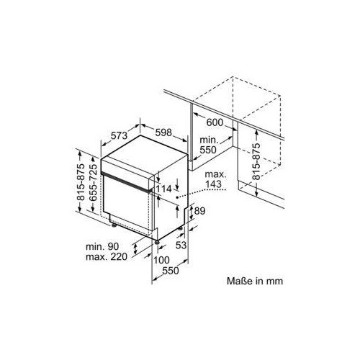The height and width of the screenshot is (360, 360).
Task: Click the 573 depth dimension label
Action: coord(119,136)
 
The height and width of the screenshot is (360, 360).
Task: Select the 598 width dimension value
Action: coord(163,132)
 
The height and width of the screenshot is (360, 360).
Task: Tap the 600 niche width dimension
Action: coord(215,122)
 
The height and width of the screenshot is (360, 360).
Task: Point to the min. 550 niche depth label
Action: coord(208,145)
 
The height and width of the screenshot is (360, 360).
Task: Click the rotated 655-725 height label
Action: coord(93,182)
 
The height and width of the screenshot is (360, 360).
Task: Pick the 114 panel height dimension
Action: coord(164,189)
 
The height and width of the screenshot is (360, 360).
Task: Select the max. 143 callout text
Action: coord(215,179)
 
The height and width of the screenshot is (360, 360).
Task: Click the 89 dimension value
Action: coord(199,211)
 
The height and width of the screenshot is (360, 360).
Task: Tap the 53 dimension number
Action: coord(181,245)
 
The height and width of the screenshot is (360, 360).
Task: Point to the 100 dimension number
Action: coord(161,260)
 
